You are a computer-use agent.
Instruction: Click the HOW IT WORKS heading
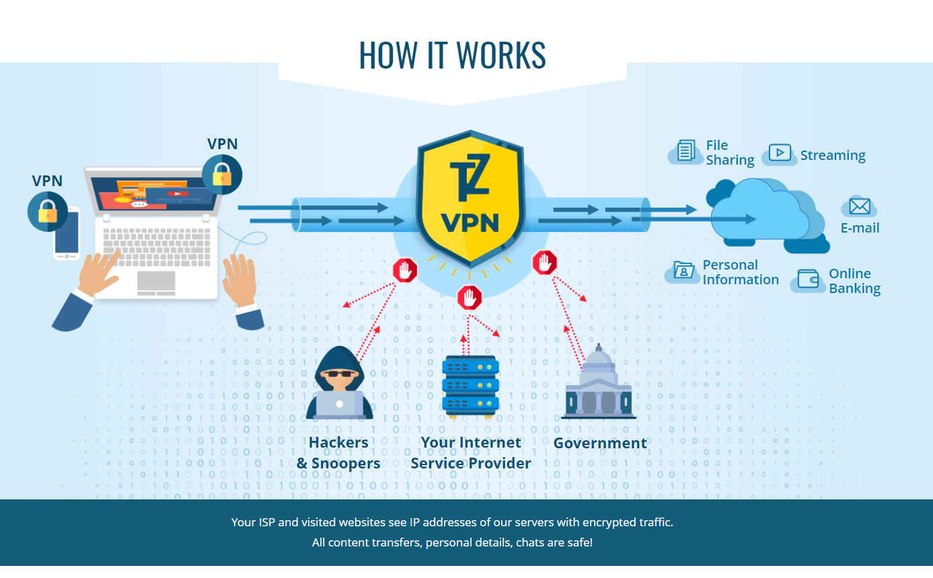pyautogui.click(x=452, y=55)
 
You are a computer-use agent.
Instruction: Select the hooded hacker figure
pyautogui.click(x=339, y=383)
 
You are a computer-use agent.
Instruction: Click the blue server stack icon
pyautogui.click(x=470, y=386)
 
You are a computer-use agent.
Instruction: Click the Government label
pyautogui.click(x=599, y=443)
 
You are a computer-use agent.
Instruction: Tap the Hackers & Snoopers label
pyautogui.click(x=338, y=453)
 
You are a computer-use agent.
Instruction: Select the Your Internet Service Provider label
pyautogui.click(x=470, y=453)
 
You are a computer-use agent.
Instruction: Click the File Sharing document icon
pyautogui.click(x=686, y=151)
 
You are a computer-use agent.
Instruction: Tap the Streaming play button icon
pyautogui.click(x=780, y=153)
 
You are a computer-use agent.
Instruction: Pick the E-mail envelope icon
pyautogui.click(x=860, y=206)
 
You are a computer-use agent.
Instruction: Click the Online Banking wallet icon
pyautogui.click(x=809, y=280)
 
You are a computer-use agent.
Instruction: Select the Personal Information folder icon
pyautogui.click(x=683, y=271)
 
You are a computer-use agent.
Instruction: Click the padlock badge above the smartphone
pyautogui.click(x=47, y=212)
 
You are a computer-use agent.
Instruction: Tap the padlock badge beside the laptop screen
pyautogui.click(x=221, y=175)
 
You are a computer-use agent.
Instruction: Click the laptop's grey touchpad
pyautogui.click(x=156, y=282)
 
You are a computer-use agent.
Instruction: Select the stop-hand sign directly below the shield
pyautogui.click(x=469, y=296)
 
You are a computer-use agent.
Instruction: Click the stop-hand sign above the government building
pyautogui.click(x=544, y=262)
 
